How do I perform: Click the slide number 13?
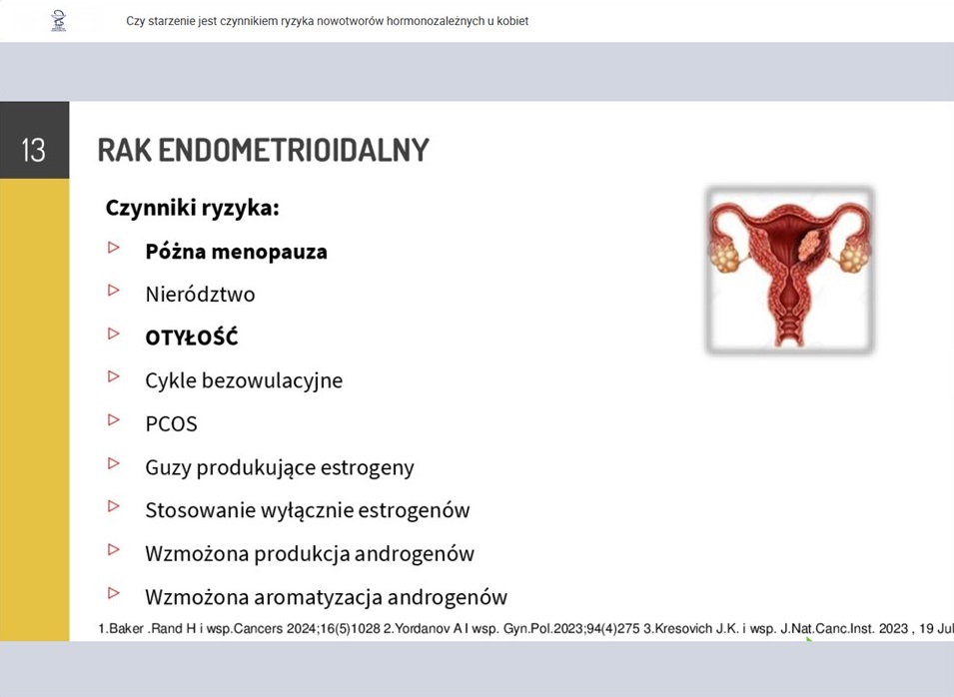click(x=33, y=150)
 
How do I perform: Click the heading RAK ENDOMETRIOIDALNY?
click(x=264, y=150)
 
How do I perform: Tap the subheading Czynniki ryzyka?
click(x=192, y=208)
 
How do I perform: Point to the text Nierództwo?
click(x=200, y=295)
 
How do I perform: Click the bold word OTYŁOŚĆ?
click(x=192, y=337)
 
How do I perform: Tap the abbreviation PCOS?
click(x=171, y=424)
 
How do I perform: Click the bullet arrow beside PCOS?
click(x=114, y=419)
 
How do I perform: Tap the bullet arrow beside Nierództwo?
click(x=114, y=291)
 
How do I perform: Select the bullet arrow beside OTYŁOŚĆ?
click(x=114, y=334)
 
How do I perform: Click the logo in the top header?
click(x=58, y=21)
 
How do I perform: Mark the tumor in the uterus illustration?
click(x=808, y=246)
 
